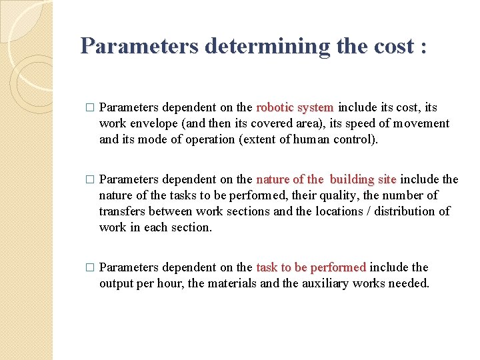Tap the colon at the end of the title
tap(421, 47)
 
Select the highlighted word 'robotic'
tap(275, 107)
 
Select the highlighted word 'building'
tap(353, 179)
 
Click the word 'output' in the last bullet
tap(117, 283)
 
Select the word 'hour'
tap(174, 283)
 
